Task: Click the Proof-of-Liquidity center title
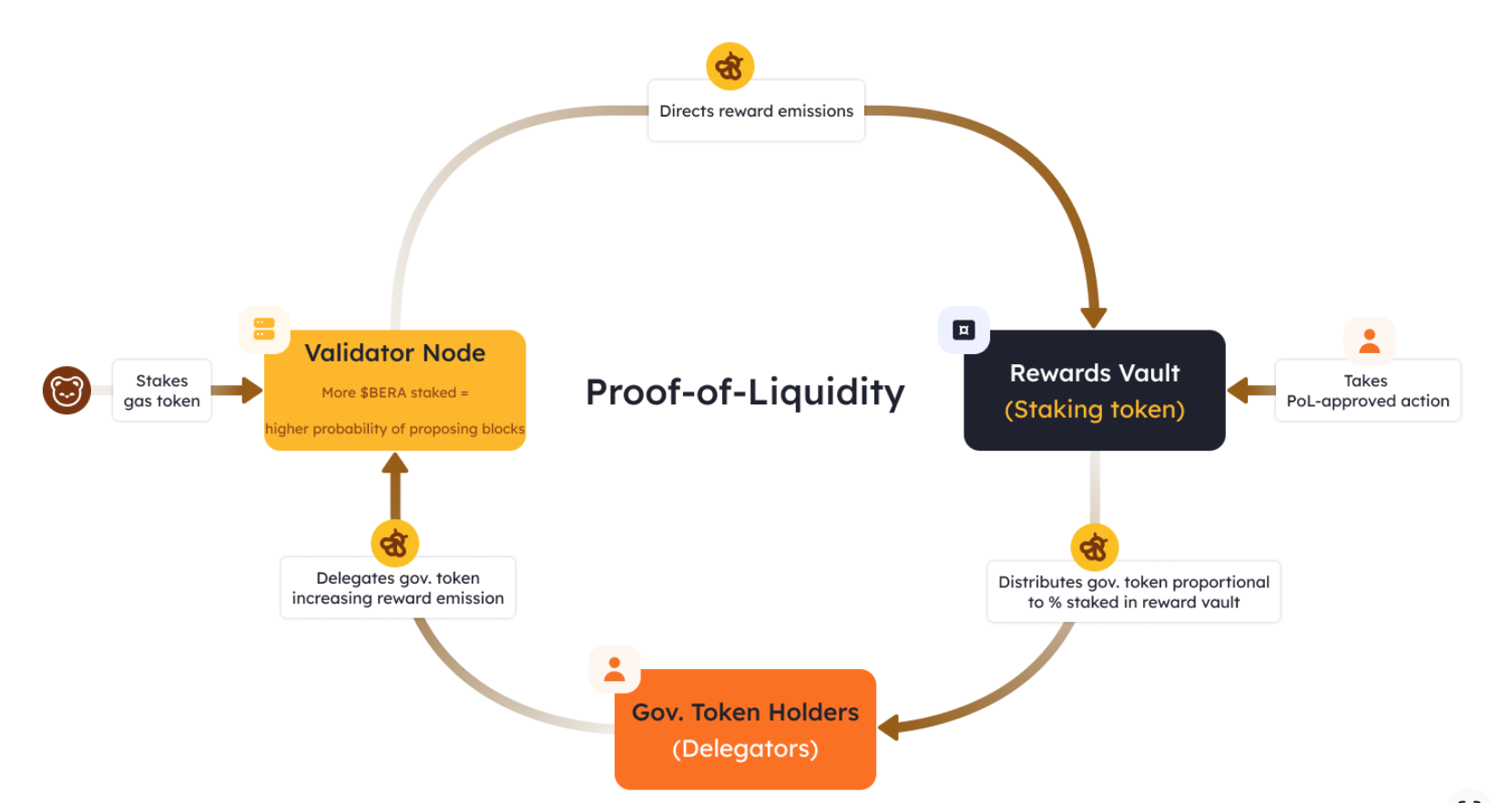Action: click(x=745, y=391)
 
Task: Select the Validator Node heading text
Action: click(x=394, y=353)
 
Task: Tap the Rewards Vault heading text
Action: click(x=1095, y=373)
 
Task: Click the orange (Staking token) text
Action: click(x=1095, y=410)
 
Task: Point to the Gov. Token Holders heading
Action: click(x=745, y=712)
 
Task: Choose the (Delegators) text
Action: click(x=745, y=748)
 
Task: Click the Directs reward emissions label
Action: click(x=756, y=111)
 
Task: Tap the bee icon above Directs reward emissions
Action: click(x=730, y=66)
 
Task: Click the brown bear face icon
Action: click(x=66, y=391)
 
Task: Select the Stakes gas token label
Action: click(x=162, y=391)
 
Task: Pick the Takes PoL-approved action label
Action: click(x=1367, y=391)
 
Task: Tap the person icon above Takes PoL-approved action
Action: click(x=1369, y=341)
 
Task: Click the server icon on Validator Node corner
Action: click(x=264, y=329)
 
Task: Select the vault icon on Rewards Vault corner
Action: click(x=964, y=330)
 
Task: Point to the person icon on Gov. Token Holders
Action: click(x=615, y=669)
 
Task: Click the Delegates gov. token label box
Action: click(x=398, y=588)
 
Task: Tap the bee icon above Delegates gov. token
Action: click(x=394, y=544)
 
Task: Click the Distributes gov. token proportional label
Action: click(x=1133, y=592)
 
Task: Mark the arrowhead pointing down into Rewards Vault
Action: click(x=1093, y=316)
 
